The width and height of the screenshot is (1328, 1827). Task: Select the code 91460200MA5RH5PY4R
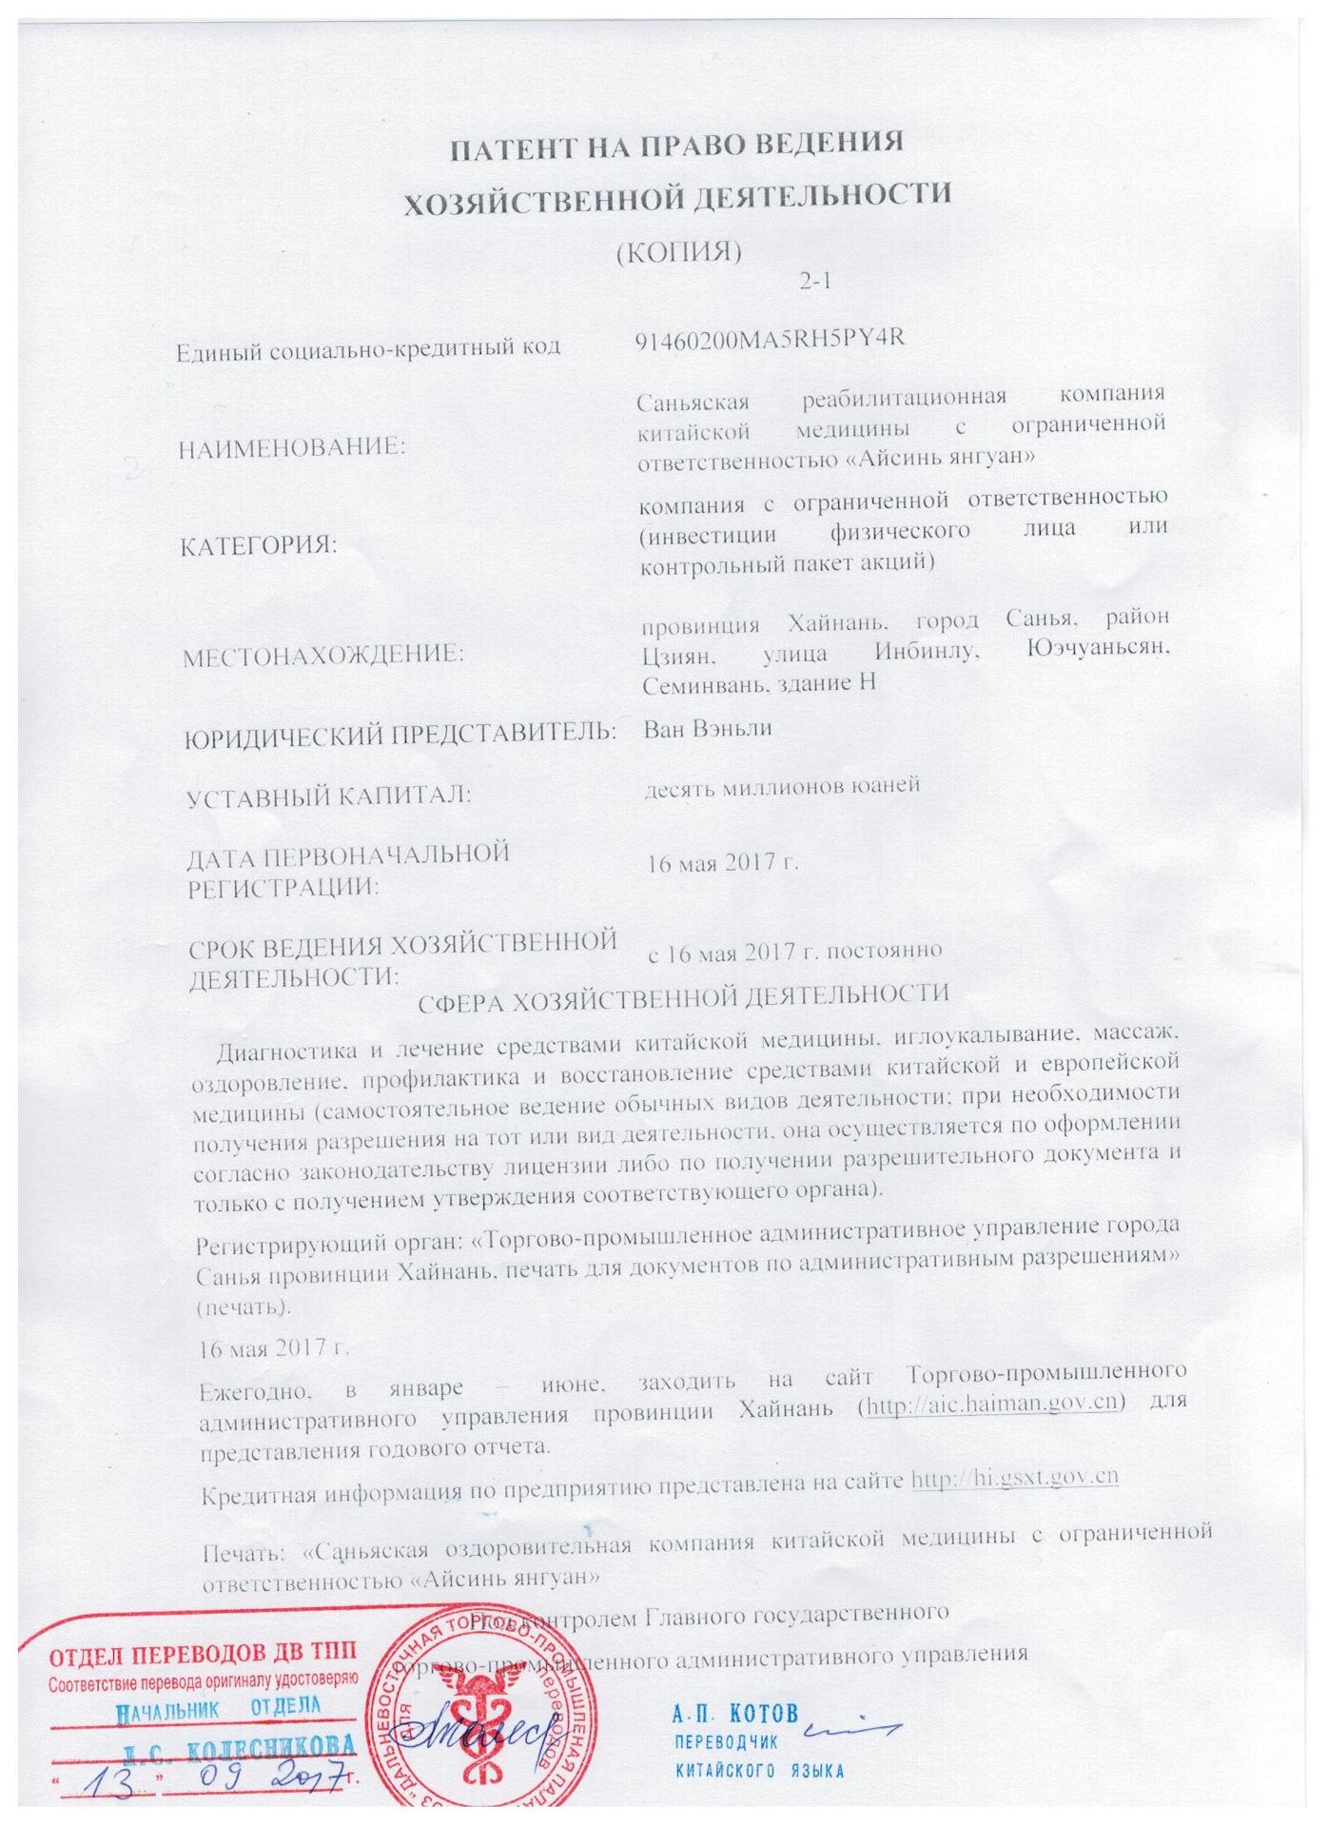pos(768,340)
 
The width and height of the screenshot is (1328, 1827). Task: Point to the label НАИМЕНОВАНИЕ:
pos(291,447)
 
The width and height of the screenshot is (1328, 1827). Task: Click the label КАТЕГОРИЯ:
pos(259,546)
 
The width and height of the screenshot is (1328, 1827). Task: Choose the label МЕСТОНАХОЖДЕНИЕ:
pos(315,654)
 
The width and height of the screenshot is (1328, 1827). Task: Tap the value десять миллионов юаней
pos(781,786)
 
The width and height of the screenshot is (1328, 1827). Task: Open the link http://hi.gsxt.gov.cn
pos(1014,1478)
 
